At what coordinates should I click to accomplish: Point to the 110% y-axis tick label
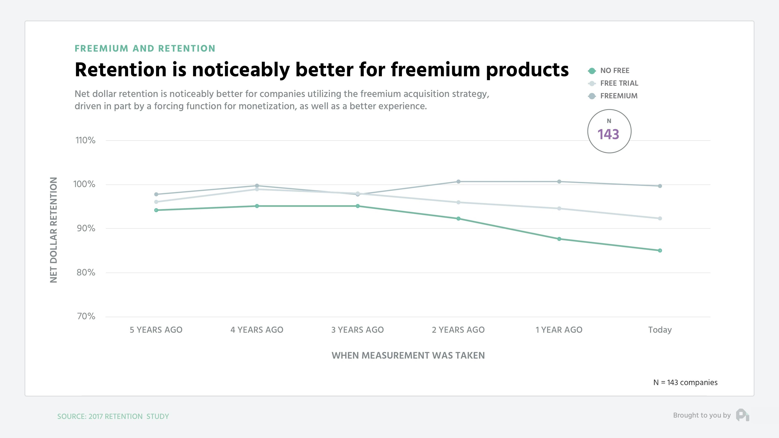point(85,140)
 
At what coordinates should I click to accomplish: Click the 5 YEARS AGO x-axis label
point(156,330)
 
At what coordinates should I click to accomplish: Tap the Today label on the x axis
point(660,330)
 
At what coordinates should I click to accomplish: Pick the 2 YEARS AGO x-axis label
point(458,330)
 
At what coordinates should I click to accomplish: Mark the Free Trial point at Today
point(660,218)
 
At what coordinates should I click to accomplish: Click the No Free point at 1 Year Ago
point(559,239)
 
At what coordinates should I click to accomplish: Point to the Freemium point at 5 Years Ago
point(156,194)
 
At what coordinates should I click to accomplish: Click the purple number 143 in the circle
point(608,134)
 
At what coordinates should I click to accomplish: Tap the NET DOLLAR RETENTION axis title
point(54,230)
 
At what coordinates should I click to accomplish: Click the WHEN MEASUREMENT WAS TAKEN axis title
point(408,355)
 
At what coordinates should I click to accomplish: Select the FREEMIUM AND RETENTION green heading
point(145,49)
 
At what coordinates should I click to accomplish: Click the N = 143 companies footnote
point(685,383)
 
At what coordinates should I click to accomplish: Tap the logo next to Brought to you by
point(742,415)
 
